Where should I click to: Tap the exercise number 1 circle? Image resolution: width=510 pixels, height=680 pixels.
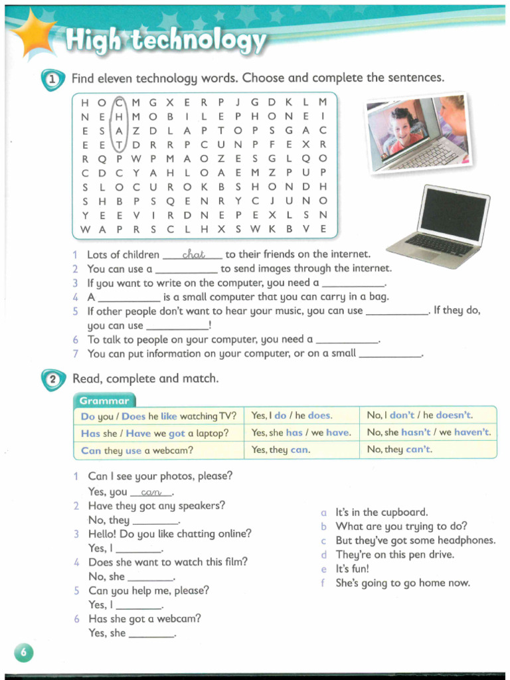coord(54,80)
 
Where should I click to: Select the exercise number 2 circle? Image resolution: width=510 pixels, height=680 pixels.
coord(54,380)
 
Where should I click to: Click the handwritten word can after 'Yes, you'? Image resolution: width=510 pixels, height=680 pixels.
coord(151,492)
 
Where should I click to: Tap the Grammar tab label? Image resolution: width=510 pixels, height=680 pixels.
coord(104,400)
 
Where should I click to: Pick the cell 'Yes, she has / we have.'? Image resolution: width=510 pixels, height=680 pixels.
coord(300,432)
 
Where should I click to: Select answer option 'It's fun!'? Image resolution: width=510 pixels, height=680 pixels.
coord(352,569)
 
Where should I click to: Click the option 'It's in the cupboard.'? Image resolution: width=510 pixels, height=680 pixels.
coord(381,512)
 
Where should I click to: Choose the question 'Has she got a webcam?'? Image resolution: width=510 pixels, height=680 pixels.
coord(145,618)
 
